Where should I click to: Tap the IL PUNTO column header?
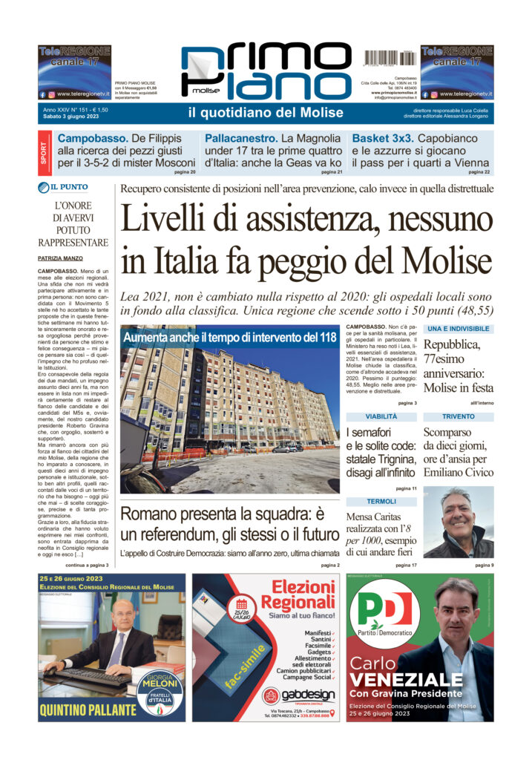63,187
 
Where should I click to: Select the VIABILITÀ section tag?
381,417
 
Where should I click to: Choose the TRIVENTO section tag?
458,417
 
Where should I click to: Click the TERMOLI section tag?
381,502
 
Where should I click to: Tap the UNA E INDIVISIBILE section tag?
458,328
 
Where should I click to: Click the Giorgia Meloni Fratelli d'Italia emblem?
159,692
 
